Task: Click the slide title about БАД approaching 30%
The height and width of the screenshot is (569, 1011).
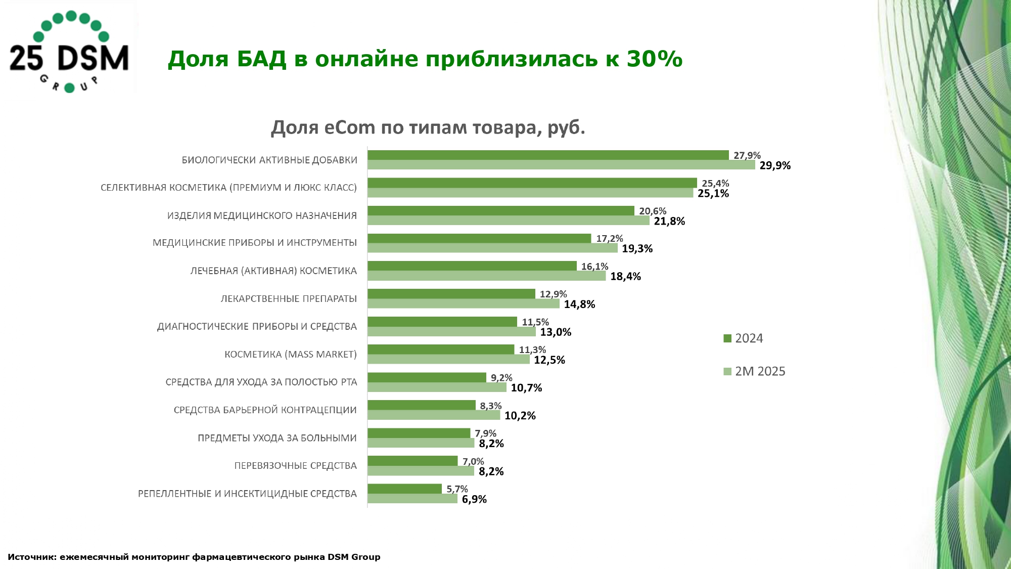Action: click(x=425, y=59)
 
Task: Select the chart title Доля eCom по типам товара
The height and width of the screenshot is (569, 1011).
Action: click(x=428, y=127)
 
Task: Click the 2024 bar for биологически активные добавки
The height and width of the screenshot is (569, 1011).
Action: click(x=548, y=155)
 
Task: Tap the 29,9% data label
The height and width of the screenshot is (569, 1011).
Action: click(x=775, y=165)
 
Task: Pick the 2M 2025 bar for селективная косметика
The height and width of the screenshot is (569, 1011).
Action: click(x=530, y=193)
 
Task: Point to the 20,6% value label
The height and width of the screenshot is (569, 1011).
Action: click(x=653, y=211)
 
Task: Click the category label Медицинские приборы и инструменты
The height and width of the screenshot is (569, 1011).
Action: click(x=255, y=243)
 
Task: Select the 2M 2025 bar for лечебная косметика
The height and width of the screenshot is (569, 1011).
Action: click(x=486, y=276)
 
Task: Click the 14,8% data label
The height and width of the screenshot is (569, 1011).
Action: click(x=579, y=304)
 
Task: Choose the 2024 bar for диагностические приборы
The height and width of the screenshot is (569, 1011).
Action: click(x=442, y=322)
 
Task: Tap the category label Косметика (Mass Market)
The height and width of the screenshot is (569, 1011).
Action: click(x=291, y=354)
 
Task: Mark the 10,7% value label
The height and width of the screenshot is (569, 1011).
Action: click(x=526, y=388)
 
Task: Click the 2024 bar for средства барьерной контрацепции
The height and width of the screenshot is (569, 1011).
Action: click(x=422, y=405)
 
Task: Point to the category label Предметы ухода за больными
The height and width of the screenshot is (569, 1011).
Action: click(x=277, y=438)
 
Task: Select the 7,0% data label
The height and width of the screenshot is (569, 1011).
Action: click(x=473, y=461)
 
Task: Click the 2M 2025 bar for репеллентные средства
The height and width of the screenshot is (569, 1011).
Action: click(x=412, y=499)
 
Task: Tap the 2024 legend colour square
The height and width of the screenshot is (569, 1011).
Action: click(x=727, y=338)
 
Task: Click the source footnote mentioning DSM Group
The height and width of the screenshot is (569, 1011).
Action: click(x=194, y=557)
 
